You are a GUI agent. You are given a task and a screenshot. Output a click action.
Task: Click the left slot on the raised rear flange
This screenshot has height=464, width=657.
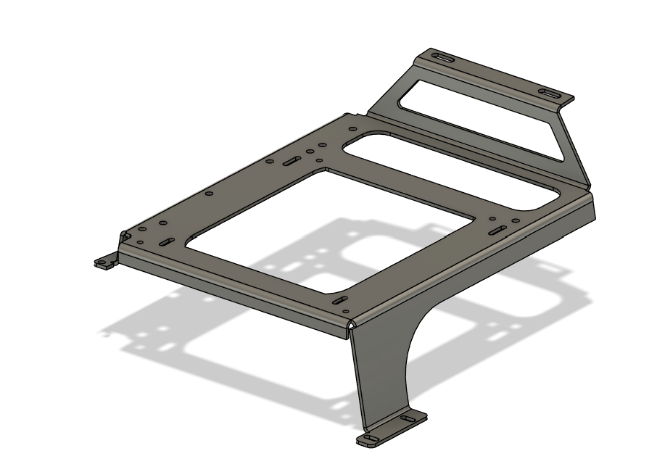pyautogui.click(x=441, y=57)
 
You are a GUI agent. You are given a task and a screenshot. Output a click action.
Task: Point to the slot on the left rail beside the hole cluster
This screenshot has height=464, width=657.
pyautogui.click(x=292, y=161)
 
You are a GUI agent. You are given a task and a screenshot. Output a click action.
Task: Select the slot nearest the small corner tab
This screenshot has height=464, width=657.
pyautogui.click(x=166, y=241)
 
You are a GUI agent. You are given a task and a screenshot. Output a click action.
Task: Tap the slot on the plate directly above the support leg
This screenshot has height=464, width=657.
pyautogui.click(x=339, y=299)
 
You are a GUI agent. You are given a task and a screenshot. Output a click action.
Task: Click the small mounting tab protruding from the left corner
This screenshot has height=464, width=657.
pyautogui.click(x=106, y=262)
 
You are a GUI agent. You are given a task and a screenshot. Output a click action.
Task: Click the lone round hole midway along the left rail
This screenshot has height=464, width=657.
pyautogui.click(x=209, y=194)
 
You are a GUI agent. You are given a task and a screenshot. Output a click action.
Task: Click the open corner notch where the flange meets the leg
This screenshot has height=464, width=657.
pyautogui.click(x=352, y=327)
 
